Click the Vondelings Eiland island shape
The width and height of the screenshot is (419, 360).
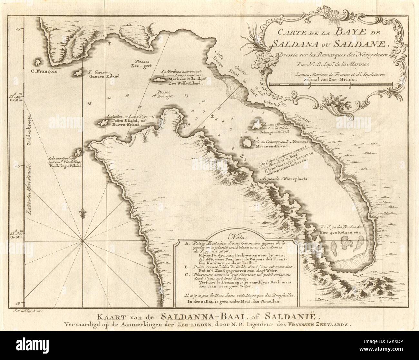tap(78, 152)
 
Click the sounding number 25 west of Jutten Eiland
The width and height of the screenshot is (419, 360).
tap(89, 103)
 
